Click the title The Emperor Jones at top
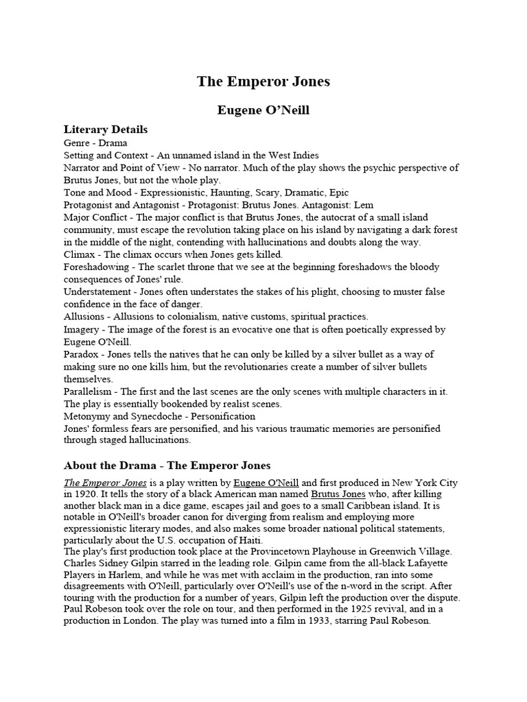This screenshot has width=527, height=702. [x=263, y=82]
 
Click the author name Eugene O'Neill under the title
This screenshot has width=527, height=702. [x=263, y=110]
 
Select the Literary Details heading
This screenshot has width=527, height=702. [x=105, y=129]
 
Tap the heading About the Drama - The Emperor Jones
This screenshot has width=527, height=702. [x=167, y=465]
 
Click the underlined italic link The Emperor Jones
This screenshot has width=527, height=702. [x=104, y=483]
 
